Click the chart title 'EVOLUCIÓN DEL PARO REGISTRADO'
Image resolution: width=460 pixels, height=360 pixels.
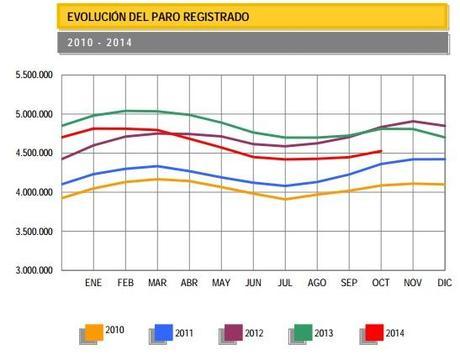coord(157,18)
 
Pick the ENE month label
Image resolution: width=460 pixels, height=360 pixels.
coord(94,283)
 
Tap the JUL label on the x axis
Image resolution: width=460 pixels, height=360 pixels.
coord(285,283)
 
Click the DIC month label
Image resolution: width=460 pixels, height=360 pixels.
coord(444,283)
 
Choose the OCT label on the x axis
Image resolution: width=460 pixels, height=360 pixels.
coord(380,283)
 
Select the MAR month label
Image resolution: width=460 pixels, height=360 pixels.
coord(157,283)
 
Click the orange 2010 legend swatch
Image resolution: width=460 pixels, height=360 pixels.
coord(92,330)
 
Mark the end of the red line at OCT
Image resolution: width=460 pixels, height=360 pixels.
coord(380,151)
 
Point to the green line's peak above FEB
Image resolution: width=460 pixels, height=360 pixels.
coord(126,111)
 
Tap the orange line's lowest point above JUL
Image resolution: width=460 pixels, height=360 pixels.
coord(285,199)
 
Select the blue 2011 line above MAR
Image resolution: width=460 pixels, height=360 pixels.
coord(157,166)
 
